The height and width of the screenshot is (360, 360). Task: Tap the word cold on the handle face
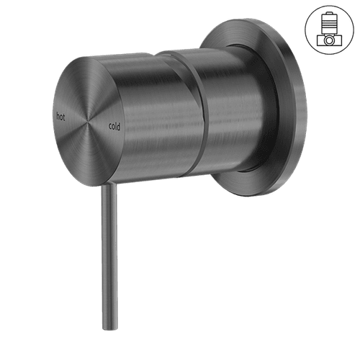click(x=114, y=126)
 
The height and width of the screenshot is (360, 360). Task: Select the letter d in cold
click(x=120, y=126)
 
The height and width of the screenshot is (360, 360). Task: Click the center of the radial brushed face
click(x=88, y=120)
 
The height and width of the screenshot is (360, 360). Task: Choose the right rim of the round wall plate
click(x=303, y=108)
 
